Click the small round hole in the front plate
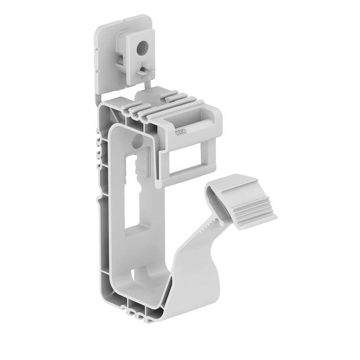(136, 138)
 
